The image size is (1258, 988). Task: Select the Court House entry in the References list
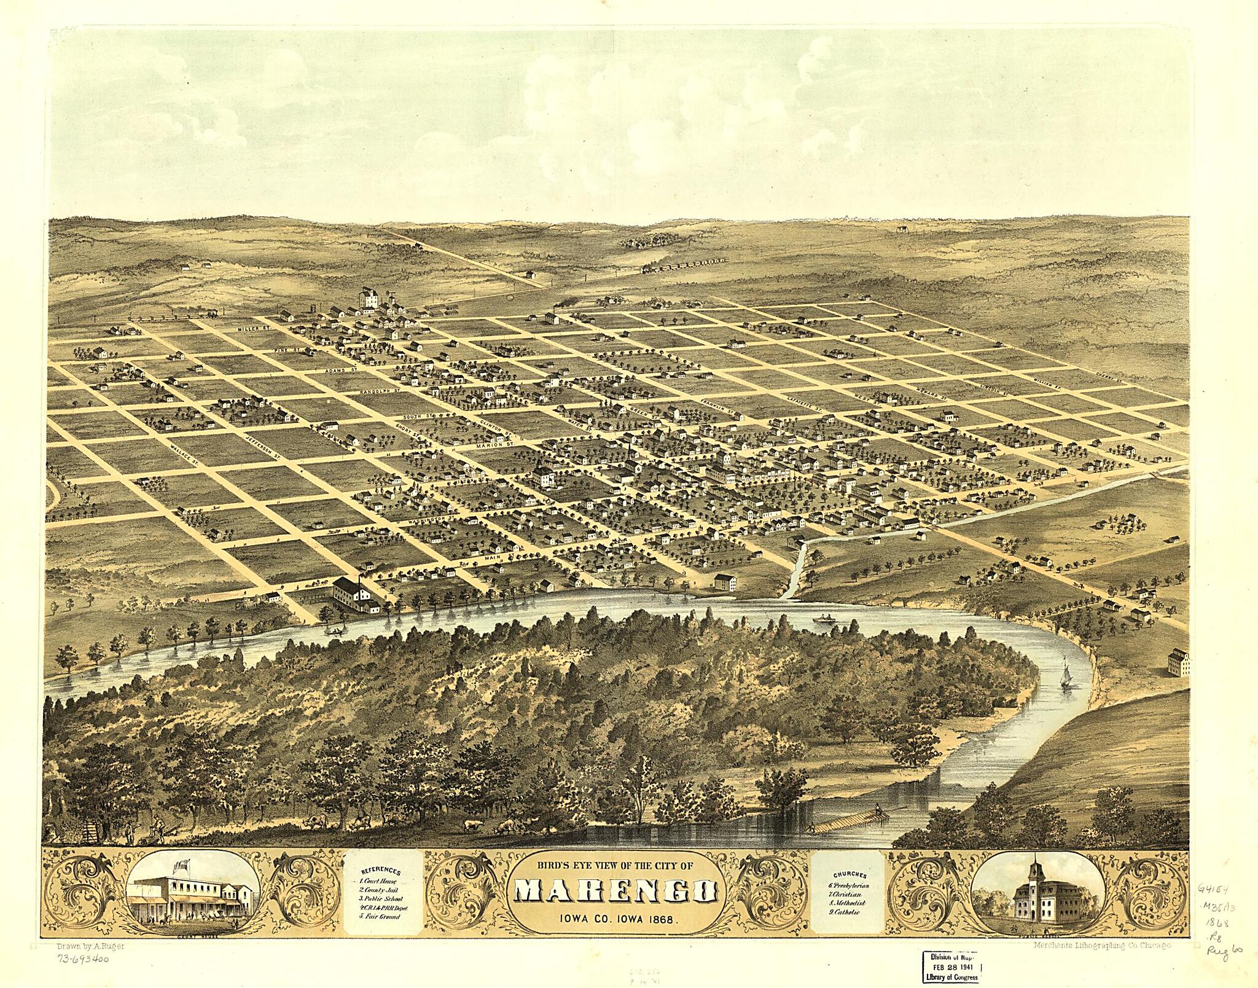379,880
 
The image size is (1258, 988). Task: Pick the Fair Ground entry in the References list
381,916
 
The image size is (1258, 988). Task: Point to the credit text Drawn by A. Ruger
90,946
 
